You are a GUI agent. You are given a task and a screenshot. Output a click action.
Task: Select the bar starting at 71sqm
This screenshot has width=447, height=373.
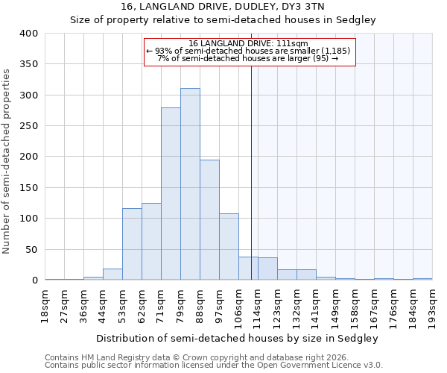171,194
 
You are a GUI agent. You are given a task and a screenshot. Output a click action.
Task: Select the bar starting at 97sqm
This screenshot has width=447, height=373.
229,247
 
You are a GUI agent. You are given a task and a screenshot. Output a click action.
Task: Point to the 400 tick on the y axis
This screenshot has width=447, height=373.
28,34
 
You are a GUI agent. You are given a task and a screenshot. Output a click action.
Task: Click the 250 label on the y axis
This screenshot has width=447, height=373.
28,126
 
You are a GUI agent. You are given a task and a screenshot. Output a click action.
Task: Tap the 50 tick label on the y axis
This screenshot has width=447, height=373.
31,249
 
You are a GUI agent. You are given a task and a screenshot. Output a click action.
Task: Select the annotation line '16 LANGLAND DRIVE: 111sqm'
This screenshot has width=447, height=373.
249,43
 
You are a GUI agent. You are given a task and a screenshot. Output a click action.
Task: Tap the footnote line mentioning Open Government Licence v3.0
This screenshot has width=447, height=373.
214,365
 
